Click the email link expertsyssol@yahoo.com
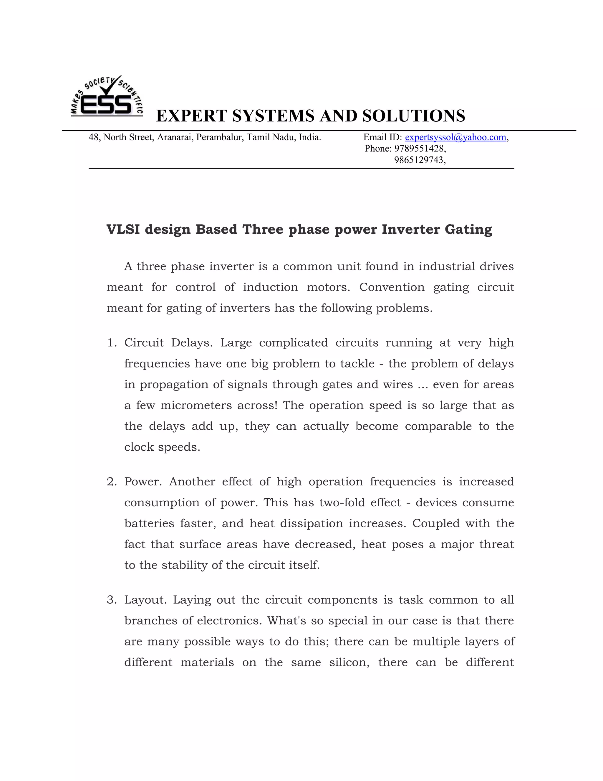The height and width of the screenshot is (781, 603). pyautogui.click(x=455, y=137)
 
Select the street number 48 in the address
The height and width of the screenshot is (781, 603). pyautogui.click(x=94, y=137)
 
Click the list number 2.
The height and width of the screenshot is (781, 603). pyautogui.click(x=111, y=482)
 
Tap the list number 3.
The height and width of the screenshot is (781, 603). pyautogui.click(x=111, y=600)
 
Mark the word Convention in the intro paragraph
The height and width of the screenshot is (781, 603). pyautogui.click(x=392, y=287)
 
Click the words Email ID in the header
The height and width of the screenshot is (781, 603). pyautogui.click(x=382, y=137)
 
